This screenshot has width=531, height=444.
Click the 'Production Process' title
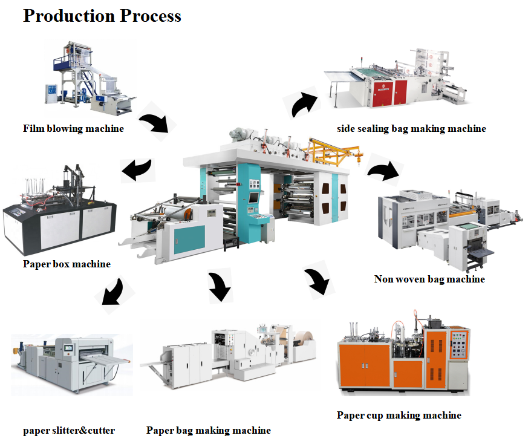click(x=102, y=16)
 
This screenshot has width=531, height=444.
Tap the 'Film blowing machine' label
click(x=73, y=129)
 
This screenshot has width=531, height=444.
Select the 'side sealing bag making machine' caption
click(x=411, y=129)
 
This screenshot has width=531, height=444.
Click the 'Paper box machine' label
click(x=67, y=264)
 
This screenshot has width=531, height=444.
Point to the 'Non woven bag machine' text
click(x=429, y=279)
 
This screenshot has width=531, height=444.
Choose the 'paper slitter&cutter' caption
click(x=69, y=431)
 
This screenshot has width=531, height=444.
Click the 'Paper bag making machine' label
click(x=209, y=431)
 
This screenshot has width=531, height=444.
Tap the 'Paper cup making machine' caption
click(x=399, y=416)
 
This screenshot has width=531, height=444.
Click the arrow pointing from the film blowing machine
click(x=157, y=122)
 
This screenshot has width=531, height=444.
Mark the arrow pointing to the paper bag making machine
click(x=220, y=286)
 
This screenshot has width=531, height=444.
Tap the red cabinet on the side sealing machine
click(x=388, y=91)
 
